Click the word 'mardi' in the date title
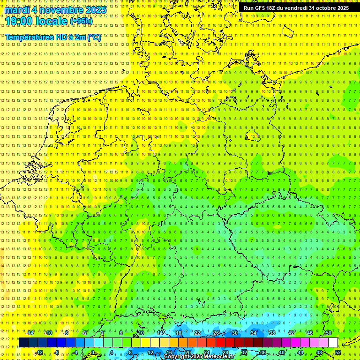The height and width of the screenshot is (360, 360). click(16, 9)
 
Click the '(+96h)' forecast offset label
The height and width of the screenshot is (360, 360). click(81, 21)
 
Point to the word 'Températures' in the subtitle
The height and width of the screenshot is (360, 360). click(30, 37)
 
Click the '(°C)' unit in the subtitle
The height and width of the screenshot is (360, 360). click(94, 37)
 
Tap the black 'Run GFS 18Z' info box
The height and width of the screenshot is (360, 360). click(296, 8)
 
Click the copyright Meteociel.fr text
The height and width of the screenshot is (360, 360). click(199, 356)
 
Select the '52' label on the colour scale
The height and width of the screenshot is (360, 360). click(338, 352)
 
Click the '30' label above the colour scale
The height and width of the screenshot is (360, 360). click(234, 333)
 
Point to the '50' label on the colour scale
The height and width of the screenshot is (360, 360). click(329, 333)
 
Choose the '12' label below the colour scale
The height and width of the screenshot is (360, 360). click(150, 352)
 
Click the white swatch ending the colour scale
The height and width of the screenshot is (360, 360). click(333, 343)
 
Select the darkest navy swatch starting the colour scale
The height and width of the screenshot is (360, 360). click(23, 343)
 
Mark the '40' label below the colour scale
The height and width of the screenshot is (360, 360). click(282, 352)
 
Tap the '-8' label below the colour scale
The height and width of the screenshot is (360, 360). click(57, 352)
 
